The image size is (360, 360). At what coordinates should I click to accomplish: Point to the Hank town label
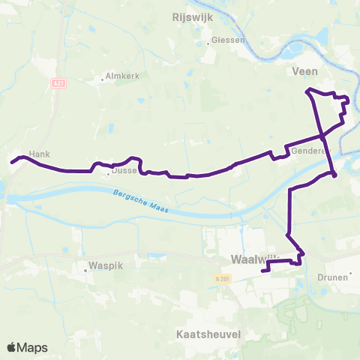[x=39, y=154]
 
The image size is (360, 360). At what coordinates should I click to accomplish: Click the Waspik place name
[x=105, y=265]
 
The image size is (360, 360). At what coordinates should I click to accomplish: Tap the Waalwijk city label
[x=250, y=260]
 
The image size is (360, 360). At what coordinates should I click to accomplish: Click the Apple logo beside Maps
[x=13, y=347]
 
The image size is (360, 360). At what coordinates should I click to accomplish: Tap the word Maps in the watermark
[x=33, y=347]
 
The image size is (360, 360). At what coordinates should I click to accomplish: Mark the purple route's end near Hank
[x=11, y=160]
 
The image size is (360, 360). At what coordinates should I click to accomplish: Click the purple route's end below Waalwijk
[x=262, y=271]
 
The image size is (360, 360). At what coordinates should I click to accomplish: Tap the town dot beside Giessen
[x=208, y=43]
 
